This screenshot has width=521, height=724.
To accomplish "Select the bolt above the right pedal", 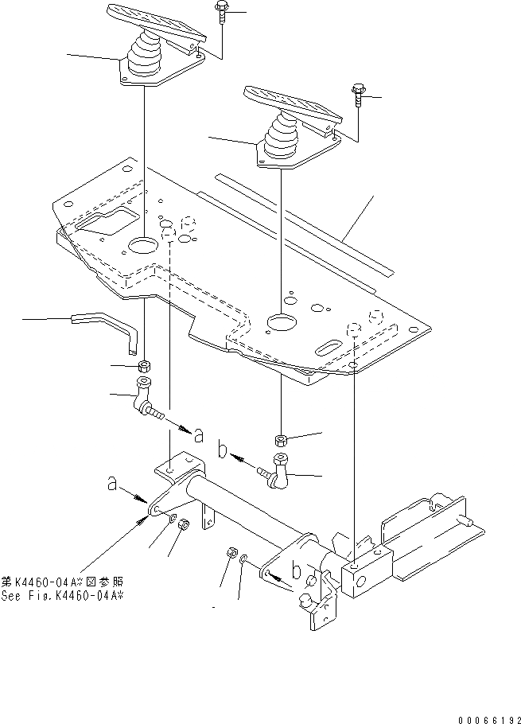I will [356, 94].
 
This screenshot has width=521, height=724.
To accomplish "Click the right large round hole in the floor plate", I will [282, 322].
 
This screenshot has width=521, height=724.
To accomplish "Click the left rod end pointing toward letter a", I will [146, 402].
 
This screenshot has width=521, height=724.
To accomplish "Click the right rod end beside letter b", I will [279, 469].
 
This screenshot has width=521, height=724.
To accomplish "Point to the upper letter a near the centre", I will [198, 434].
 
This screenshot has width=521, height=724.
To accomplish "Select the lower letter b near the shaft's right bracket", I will [297, 570].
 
